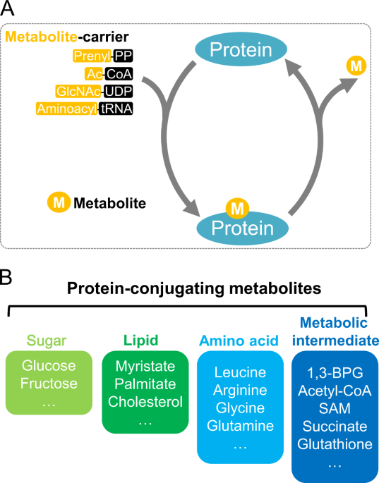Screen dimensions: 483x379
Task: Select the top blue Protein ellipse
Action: (x=241, y=49)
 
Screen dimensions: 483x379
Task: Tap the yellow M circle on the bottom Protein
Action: (x=238, y=208)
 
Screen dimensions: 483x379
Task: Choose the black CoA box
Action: (x=119, y=73)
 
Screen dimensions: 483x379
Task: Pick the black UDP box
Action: (x=119, y=90)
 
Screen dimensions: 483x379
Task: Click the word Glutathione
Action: (x=335, y=443)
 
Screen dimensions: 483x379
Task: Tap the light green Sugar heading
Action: (x=49, y=341)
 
